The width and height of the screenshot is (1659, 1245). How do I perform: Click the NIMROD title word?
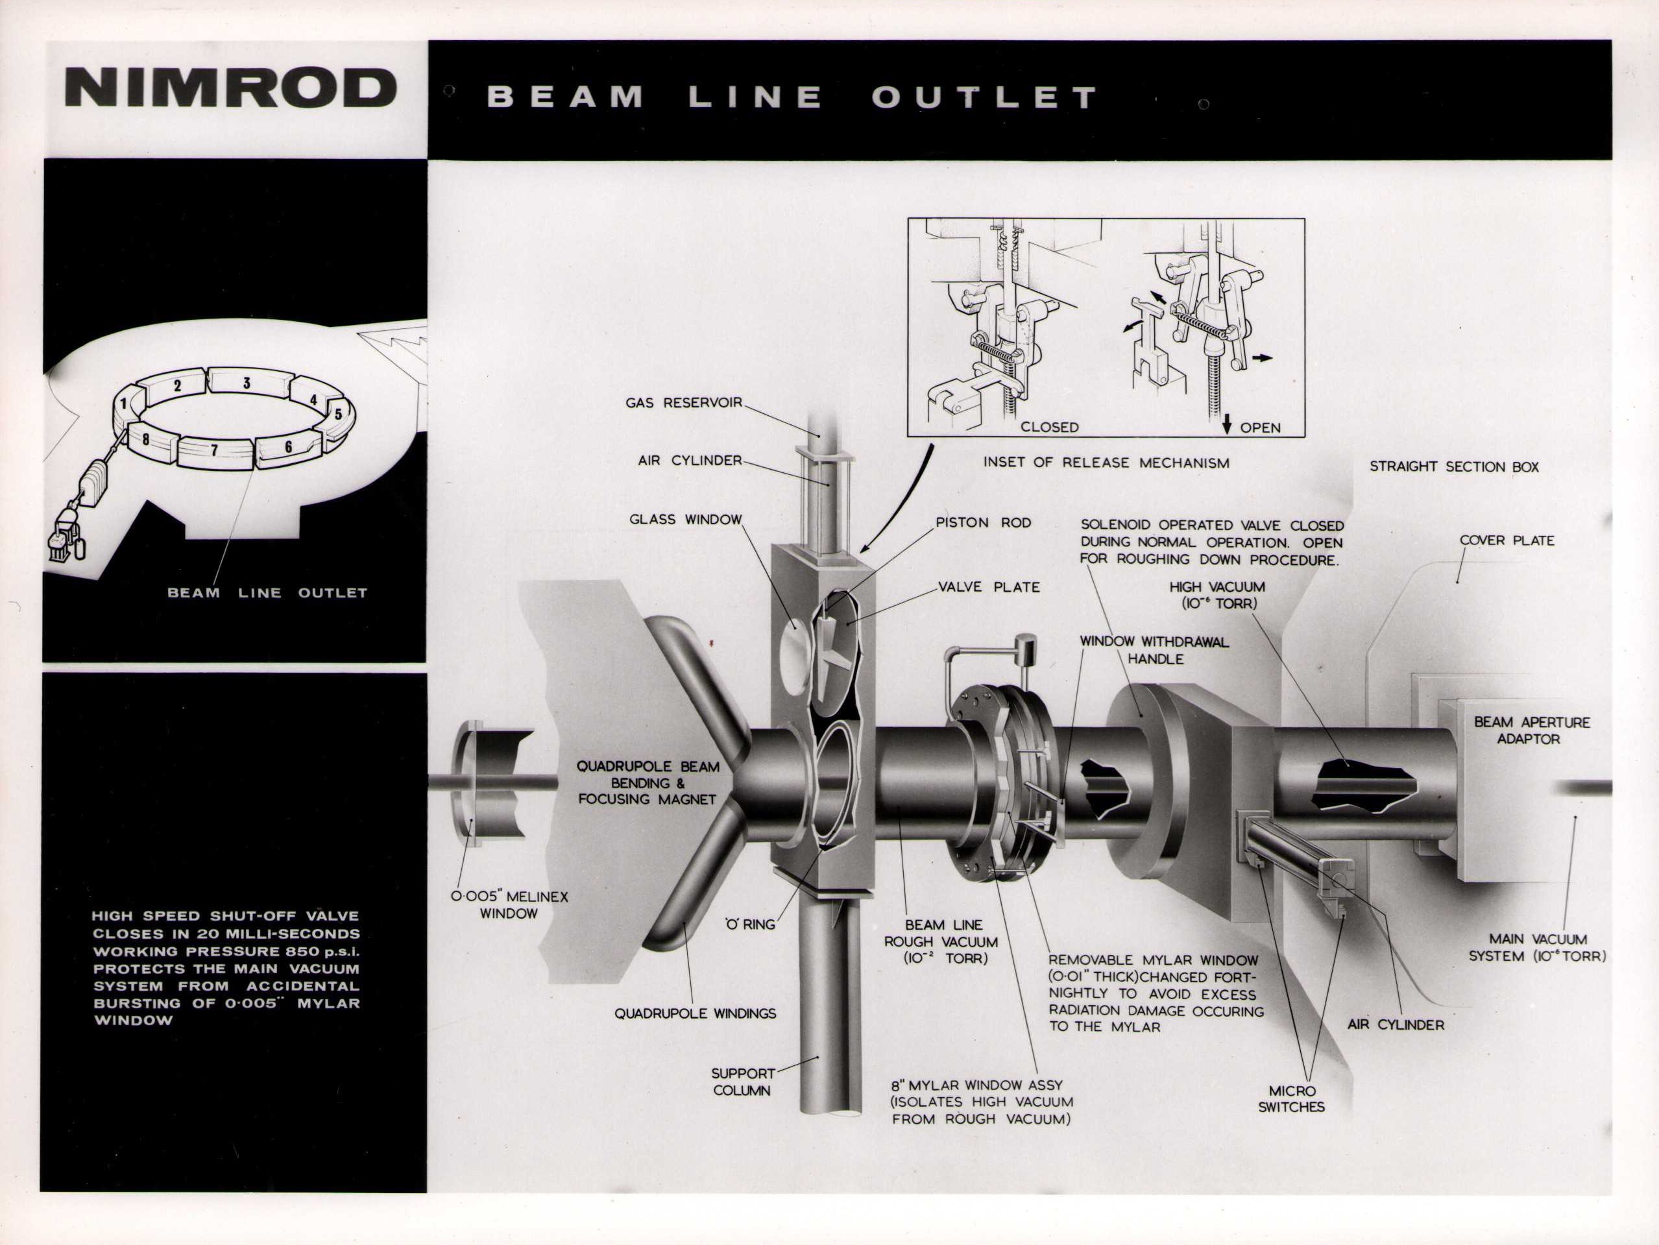click(x=230, y=88)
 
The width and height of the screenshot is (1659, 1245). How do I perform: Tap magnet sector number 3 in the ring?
click(x=246, y=383)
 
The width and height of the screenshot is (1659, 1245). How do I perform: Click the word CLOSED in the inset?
click(x=1049, y=427)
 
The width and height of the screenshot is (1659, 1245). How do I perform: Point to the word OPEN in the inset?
click(x=1260, y=428)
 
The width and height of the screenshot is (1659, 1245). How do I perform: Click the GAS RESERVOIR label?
click(x=684, y=403)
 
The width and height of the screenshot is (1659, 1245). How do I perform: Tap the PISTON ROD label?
click(x=983, y=522)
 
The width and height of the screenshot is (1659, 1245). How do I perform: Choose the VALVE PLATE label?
click(x=989, y=586)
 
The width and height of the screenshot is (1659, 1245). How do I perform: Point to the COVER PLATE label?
click(x=1507, y=540)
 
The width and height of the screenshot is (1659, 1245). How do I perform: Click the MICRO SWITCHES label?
click(x=1292, y=1099)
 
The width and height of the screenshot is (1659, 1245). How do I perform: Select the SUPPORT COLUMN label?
click(x=742, y=1082)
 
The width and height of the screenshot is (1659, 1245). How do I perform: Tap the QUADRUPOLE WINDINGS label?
click(x=696, y=1013)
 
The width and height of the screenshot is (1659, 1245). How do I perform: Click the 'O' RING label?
click(x=749, y=924)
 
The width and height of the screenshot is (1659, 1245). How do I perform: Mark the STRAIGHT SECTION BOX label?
click(x=1454, y=466)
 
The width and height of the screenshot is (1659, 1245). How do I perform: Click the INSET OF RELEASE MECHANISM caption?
click(x=1106, y=463)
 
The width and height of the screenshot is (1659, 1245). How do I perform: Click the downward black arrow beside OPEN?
click(x=1228, y=425)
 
